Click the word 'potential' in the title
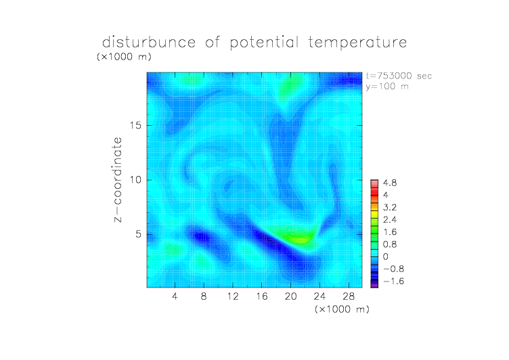click(x=264, y=43)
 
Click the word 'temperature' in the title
click(x=357, y=42)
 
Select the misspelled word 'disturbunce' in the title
click(x=149, y=42)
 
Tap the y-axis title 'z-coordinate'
click(x=118, y=179)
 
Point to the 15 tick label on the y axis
click(x=135, y=125)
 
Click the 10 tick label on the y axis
click(x=135, y=180)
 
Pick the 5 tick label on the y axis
click(x=139, y=234)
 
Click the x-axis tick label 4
click(x=175, y=296)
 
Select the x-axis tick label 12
click(x=233, y=296)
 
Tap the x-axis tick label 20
click(x=290, y=296)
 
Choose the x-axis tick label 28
click(x=349, y=296)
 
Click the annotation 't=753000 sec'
click(x=399, y=76)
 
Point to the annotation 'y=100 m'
click(x=387, y=87)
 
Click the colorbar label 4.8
click(x=390, y=183)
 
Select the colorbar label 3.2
click(x=390, y=208)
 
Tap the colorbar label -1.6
click(x=394, y=281)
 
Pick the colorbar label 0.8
click(x=390, y=244)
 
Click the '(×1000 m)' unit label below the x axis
click(x=342, y=309)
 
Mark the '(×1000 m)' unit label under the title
click(x=124, y=56)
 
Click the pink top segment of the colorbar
click(x=374, y=183)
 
